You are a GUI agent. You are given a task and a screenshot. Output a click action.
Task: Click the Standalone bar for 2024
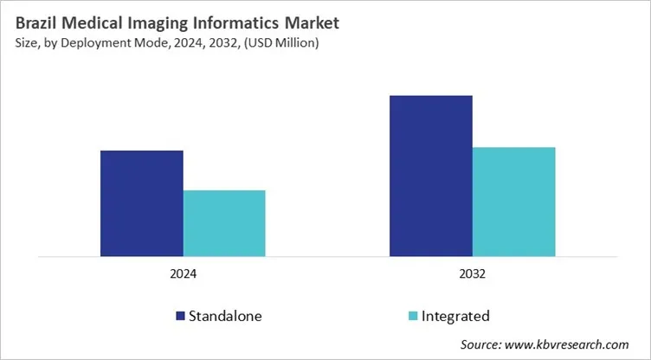[142, 203]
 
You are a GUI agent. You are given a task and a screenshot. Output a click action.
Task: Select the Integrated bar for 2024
[224, 223]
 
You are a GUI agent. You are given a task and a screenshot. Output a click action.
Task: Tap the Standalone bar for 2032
[431, 176]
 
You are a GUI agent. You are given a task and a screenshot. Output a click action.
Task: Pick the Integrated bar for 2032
[513, 202]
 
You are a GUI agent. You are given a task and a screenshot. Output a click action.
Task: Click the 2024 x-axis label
[183, 274]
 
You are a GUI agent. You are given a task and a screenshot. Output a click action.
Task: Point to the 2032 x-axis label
[472, 274]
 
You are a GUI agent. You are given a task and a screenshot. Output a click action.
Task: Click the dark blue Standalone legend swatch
[181, 316]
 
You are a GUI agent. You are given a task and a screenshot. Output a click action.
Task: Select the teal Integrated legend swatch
[412, 316]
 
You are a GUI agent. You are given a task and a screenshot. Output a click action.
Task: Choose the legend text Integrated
[455, 316]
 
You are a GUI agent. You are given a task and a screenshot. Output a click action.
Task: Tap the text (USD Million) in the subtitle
[275, 42]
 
